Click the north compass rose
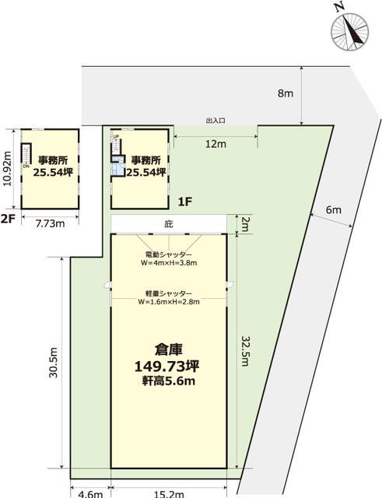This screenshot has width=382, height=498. click(349, 32)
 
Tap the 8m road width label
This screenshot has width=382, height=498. click(286, 93)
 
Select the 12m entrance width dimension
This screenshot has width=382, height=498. click(216, 144)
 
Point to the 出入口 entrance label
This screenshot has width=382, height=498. click(216, 121)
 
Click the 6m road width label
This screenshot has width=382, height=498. click(334, 209)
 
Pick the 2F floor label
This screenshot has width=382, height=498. click(9, 219)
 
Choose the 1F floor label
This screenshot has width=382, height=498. click(185, 202)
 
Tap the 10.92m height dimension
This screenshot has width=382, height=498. click(7, 168)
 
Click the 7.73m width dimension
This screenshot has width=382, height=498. click(50, 223)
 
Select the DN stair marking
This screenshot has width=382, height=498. click(26, 166)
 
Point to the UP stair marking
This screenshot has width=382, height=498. click(116, 137)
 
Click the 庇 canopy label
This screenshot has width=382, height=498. click(169, 224)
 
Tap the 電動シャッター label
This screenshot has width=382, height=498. click(168, 254)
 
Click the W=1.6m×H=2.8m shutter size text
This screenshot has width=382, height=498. click(169, 302)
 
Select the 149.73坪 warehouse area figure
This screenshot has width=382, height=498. click(167, 366)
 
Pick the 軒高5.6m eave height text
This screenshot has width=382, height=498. click(168, 381)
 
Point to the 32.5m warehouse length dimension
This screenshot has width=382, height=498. click(245, 351)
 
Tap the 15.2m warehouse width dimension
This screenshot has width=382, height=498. click(169, 494)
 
